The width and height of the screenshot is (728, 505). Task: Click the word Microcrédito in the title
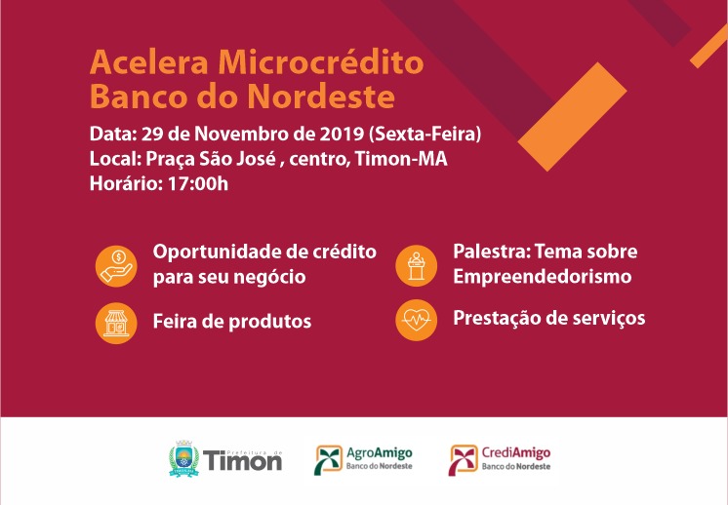point(321,61)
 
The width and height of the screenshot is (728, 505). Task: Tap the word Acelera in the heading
point(148,61)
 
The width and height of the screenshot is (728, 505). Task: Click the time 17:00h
point(198,183)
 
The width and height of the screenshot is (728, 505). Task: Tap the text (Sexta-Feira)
point(425,134)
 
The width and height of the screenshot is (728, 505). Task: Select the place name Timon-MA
point(401,159)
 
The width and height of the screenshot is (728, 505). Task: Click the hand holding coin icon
point(116,266)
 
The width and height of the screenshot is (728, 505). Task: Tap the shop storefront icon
point(116,324)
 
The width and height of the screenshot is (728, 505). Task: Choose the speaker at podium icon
point(416,265)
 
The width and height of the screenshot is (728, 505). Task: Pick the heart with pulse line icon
point(416,320)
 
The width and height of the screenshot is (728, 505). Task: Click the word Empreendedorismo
point(543,277)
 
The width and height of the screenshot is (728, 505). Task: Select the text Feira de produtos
point(232,322)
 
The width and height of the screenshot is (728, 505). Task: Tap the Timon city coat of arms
point(183,458)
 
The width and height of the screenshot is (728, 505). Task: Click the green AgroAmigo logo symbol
point(328,459)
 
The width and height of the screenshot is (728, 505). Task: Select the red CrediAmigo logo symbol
point(463,459)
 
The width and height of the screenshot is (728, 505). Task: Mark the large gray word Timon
point(242,461)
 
